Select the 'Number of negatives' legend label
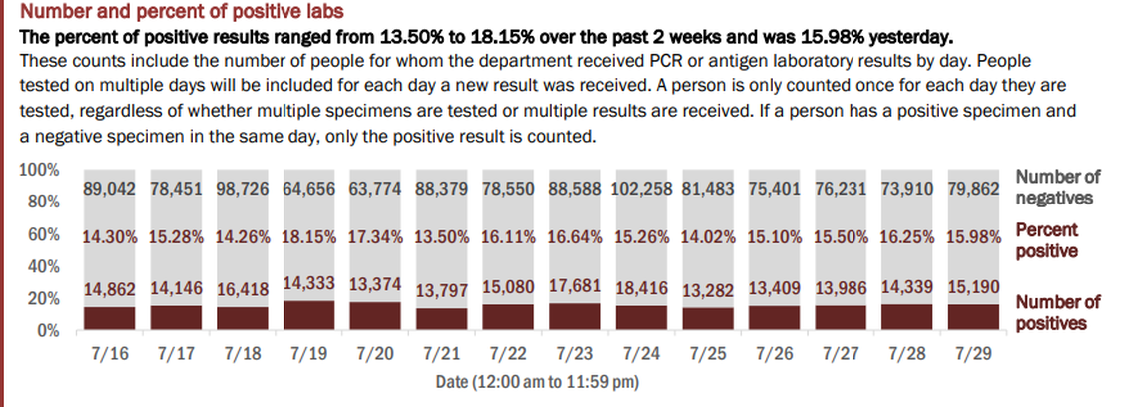coord(1057,187)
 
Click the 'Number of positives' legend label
coord(1057,312)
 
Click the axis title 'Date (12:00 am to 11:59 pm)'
coord(537,380)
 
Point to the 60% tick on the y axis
coord(42,236)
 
